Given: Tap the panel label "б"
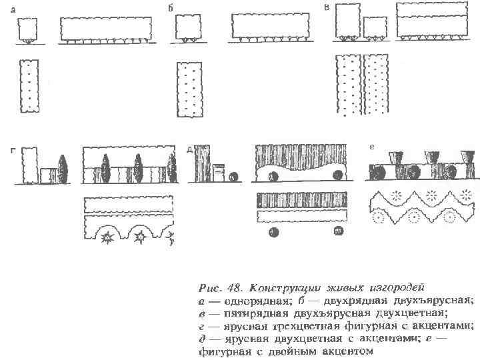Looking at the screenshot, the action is tap(171, 9).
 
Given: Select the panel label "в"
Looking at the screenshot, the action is tap(327, 7).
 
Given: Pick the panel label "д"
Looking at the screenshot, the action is tap(190, 150).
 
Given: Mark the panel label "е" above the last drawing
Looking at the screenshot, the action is tap(370, 146).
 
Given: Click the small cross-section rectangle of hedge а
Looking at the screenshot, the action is tap(27, 29).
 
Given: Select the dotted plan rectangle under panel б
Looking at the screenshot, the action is tap(189, 89).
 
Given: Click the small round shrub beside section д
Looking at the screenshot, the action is tap(233, 176).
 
